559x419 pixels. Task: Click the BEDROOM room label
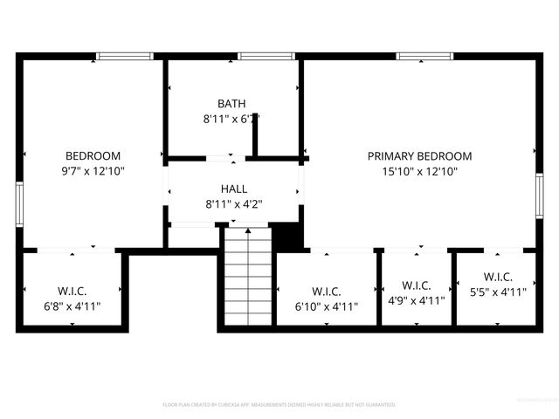(93, 156)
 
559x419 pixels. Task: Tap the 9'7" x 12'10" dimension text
(93, 172)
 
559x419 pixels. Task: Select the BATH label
(231, 104)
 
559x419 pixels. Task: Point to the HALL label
(233, 189)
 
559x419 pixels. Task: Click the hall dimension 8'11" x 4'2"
(233, 204)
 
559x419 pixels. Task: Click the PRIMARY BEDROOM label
(419, 156)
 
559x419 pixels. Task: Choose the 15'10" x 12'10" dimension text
(419, 172)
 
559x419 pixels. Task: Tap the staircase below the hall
(247, 275)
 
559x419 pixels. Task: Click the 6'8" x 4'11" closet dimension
(72, 306)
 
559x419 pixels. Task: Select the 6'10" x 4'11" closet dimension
(326, 306)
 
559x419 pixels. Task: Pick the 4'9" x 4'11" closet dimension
(416, 299)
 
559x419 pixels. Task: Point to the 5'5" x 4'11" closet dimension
(497, 292)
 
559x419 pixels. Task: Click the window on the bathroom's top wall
(265, 57)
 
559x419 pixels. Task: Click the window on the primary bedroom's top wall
(424, 57)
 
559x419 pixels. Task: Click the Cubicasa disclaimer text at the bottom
(279, 405)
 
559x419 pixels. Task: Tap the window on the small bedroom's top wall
(125, 57)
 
